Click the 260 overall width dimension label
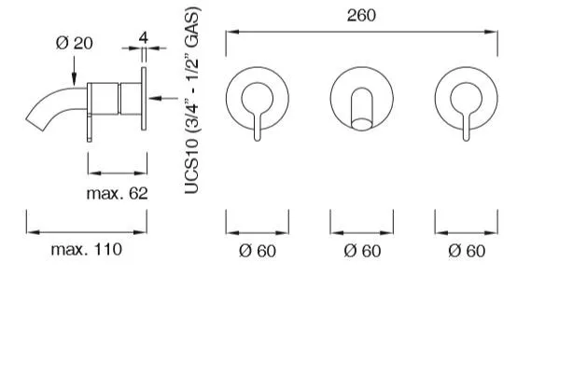361,15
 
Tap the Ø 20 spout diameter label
75,43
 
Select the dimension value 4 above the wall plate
144,38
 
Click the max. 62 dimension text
118,193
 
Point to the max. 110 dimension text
87,249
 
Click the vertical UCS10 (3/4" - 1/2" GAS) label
191,101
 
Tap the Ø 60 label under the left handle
258,251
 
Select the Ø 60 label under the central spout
362,251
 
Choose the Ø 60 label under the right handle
467,251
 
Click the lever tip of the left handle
258,139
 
